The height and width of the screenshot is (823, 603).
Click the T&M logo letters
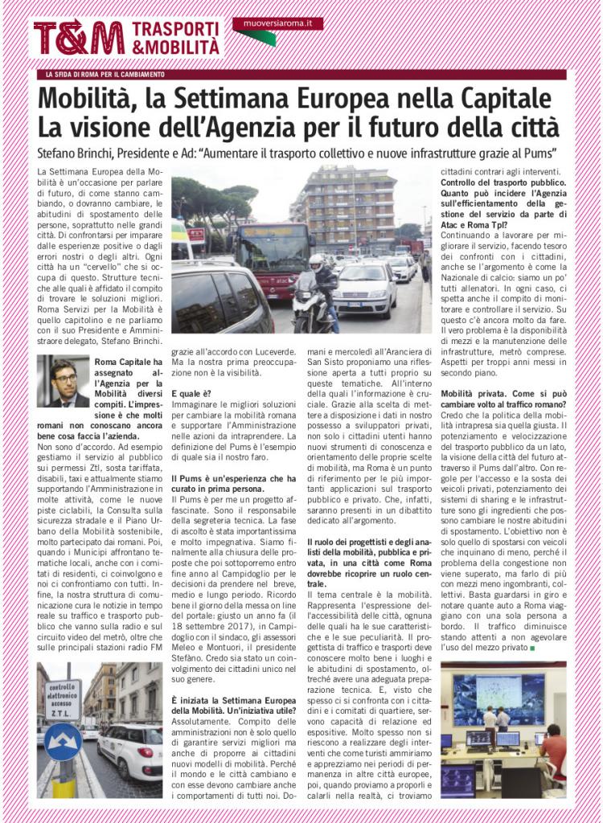pyautogui.click(x=78, y=37)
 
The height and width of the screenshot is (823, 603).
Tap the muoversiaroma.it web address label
pyautogui.click(x=277, y=24)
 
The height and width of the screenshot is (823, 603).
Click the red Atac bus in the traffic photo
pyautogui.click(x=273, y=258)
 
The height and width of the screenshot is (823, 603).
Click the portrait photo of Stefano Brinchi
pyautogui.click(x=63, y=381)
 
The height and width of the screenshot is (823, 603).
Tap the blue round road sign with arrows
pyautogui.click(x=62, y=741)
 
